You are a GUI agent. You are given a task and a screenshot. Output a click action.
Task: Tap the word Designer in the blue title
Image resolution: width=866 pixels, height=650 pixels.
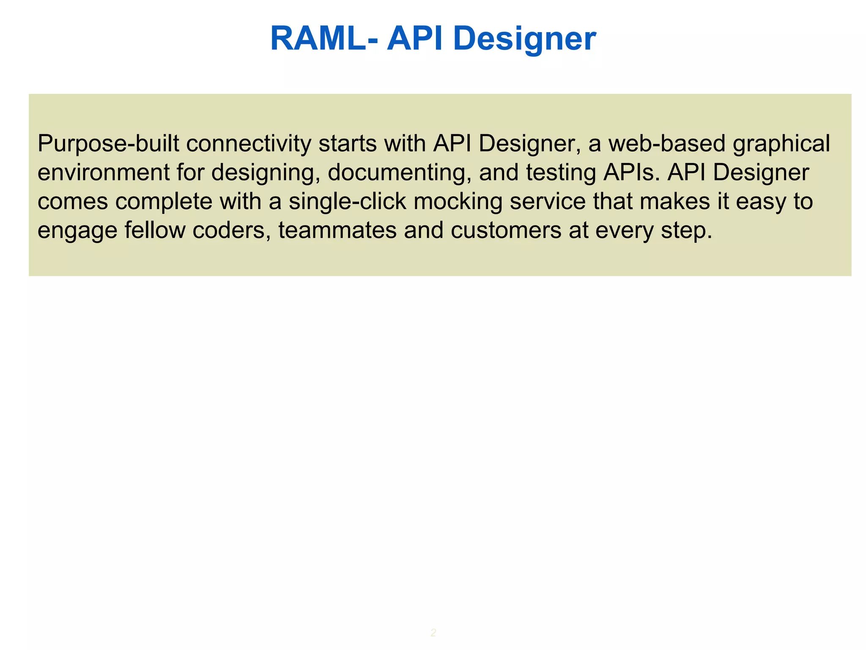tap(524, 39)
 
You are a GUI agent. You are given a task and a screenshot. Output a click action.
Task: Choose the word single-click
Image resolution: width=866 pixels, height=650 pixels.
tap(347, 201)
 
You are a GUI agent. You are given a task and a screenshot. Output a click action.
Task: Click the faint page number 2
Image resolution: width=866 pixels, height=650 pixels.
tap(433, 633)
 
